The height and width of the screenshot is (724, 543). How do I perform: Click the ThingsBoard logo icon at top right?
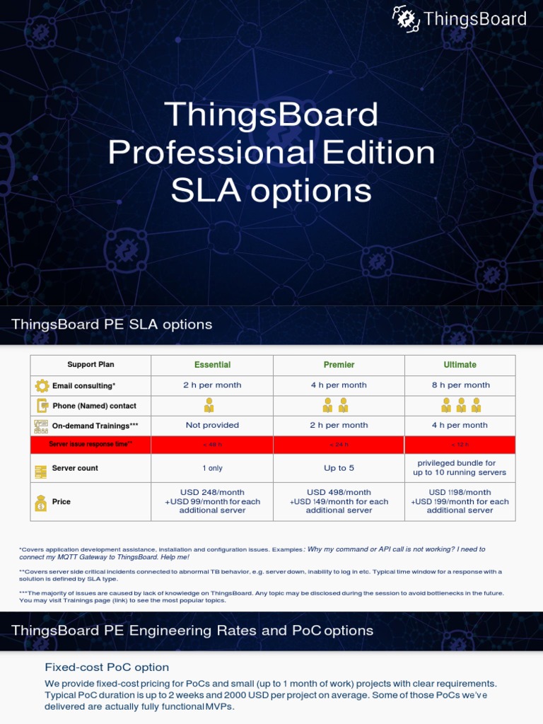coord(406,19)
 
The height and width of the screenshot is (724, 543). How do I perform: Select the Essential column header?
coord(212,365)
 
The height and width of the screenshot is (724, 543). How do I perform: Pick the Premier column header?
coord(339,365)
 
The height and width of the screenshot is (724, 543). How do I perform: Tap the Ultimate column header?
coord(460,365)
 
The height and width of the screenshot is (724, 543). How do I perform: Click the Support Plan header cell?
coord(90,365)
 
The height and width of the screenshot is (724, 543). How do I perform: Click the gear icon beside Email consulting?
coord(41,386)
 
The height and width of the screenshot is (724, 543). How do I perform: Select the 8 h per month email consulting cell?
coord(460,385)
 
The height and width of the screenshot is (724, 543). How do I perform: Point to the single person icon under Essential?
coord(209,405)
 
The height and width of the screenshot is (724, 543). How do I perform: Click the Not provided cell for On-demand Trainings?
coord(212,426)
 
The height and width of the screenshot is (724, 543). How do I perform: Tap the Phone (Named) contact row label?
coord(94,406)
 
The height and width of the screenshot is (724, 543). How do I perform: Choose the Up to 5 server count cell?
coord(339,468)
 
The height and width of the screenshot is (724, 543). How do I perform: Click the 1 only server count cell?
coord(212,468)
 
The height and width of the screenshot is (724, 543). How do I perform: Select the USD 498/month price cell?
coord(339,501)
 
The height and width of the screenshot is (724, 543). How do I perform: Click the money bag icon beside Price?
coord(41,502)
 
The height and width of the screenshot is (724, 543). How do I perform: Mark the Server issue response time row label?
coord(90,444)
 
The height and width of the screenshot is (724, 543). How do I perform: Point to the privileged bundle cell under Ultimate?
coord(460,468)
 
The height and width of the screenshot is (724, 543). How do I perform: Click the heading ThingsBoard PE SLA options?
coord(112,325)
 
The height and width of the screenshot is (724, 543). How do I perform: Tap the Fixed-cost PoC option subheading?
coord(107,667)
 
